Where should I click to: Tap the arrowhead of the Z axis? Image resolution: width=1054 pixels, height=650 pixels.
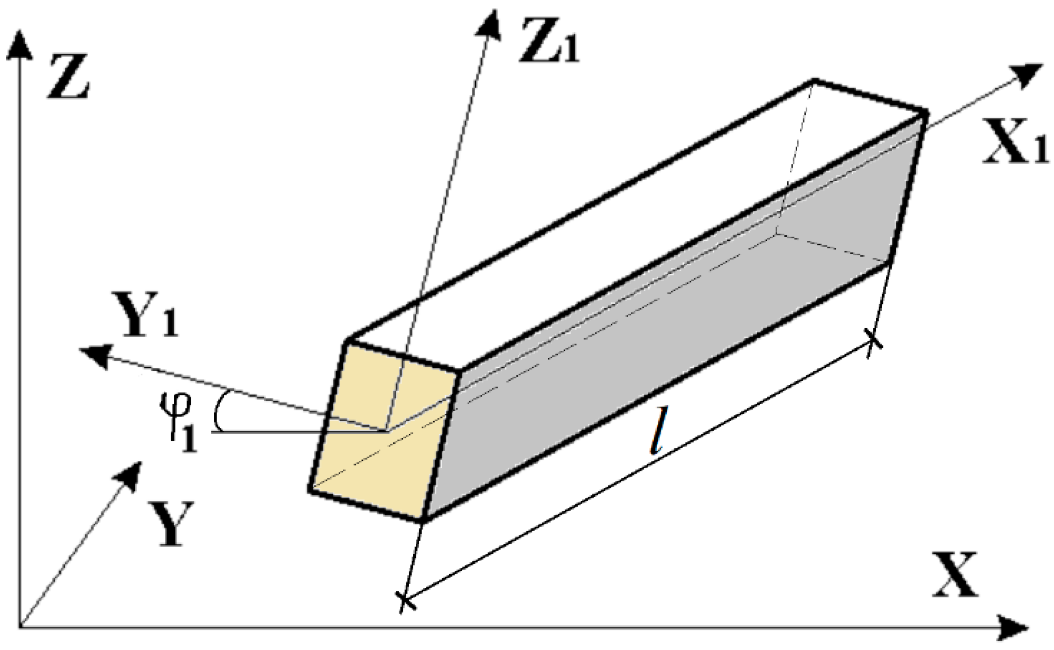point(20,42)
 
